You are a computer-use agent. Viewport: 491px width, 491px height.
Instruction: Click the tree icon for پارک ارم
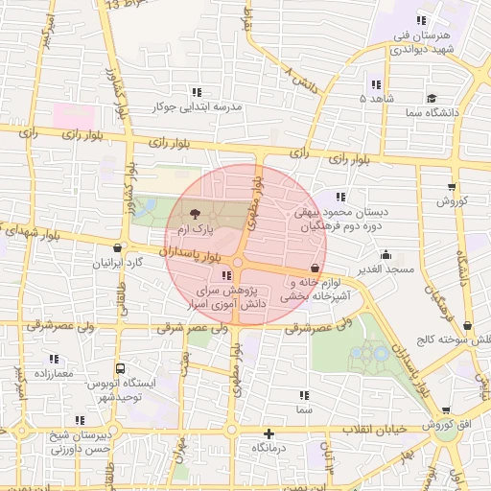click(x=196, y=214)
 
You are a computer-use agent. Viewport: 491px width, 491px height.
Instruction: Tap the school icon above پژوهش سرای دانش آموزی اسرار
click(x=226, y=276)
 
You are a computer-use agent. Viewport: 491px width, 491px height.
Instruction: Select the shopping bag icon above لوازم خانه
click(x=316, y=268)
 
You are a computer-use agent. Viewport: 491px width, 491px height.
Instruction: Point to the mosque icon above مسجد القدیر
click(x=386, y=255)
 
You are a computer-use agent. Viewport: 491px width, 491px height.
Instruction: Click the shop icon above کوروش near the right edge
click(x=452, y=187)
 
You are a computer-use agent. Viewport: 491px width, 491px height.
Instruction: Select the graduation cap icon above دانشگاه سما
click(x=433, y=98)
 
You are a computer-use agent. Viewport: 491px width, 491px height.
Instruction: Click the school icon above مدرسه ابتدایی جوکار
click(x=197, y=93)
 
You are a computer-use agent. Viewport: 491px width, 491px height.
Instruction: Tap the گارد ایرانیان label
click(x=118, y=262)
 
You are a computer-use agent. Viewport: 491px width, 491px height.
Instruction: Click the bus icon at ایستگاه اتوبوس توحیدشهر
click(x=120, y=368)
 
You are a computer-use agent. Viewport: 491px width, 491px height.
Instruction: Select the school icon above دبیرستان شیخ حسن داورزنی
click(x=80, y=421)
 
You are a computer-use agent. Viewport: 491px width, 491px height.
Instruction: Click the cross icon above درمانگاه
click(x=269, y=433)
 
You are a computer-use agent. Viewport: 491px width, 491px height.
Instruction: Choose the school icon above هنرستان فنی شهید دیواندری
click(x=420, y=21)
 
